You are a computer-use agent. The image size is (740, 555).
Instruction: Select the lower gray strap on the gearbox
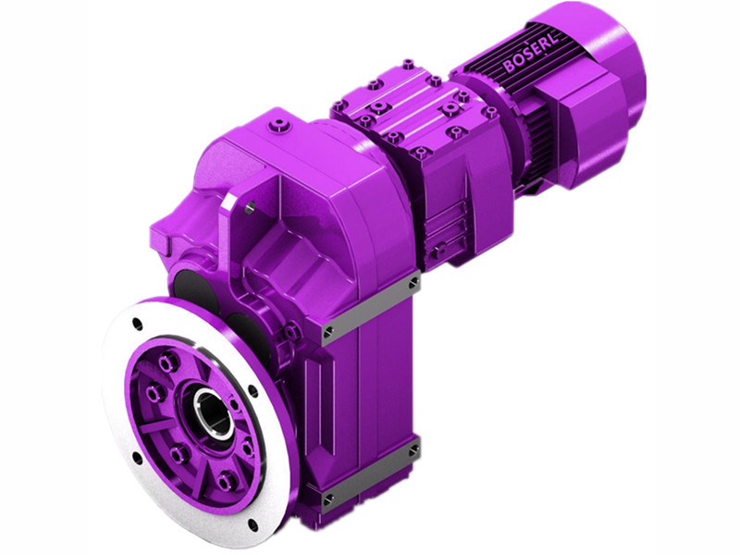[x=370, y=475]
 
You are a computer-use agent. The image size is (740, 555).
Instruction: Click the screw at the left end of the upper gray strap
[x=327, y=329]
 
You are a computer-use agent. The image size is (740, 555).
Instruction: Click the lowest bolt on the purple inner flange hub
[x=225, y=480]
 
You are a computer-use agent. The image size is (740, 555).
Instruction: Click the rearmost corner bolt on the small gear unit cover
[x=408, y=65]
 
